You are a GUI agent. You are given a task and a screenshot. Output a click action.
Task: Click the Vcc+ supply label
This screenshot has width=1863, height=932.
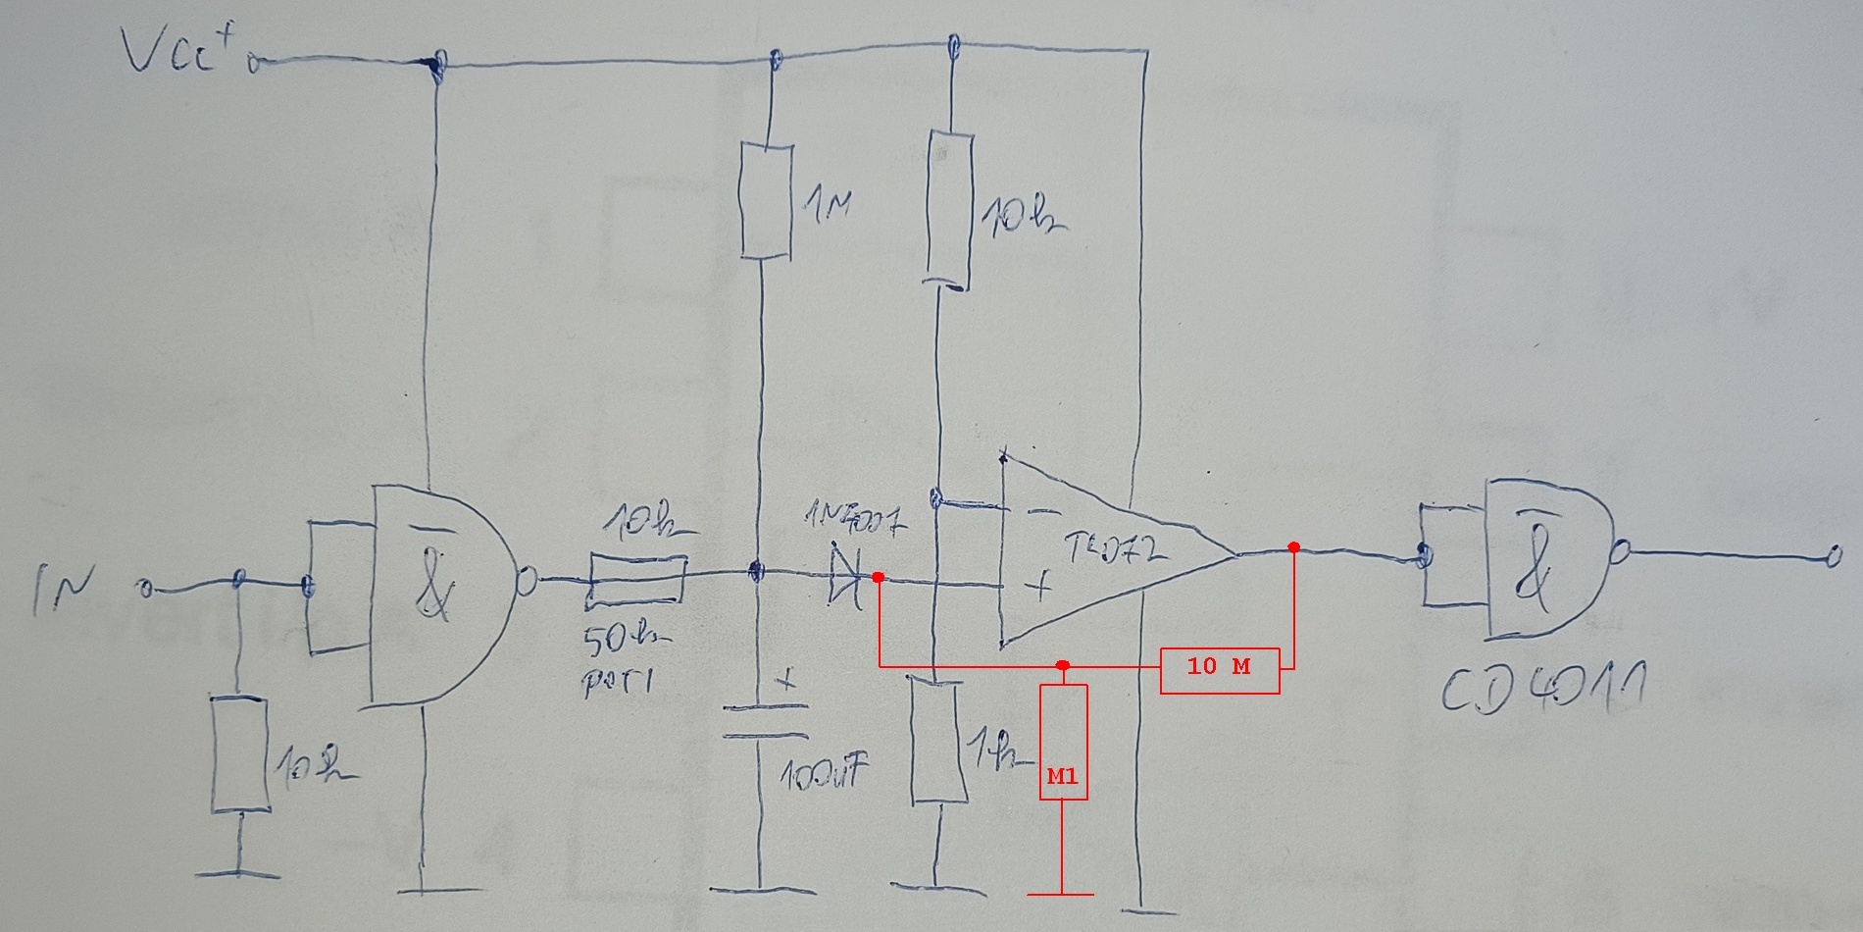tap(181, 51)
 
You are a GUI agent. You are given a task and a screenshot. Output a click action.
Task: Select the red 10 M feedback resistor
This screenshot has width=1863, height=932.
tap(1220, 670)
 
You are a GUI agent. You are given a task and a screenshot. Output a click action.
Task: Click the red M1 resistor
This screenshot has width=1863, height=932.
tap(1063, 742)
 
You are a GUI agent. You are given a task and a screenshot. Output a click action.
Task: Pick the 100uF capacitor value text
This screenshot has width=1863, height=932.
tap(825, 776)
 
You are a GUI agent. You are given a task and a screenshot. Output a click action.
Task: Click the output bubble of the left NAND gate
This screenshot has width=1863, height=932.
tap(526, 582)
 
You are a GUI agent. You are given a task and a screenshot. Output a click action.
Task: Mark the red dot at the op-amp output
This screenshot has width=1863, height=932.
tap(1293, 546)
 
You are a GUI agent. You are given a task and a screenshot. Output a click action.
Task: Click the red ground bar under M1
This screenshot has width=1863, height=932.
tap(1061, 894)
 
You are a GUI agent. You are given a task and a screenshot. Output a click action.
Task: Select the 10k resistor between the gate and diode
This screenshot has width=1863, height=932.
tap(637, 577)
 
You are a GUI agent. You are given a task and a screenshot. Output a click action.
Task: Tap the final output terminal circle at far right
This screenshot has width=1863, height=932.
tap(1827, 558)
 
